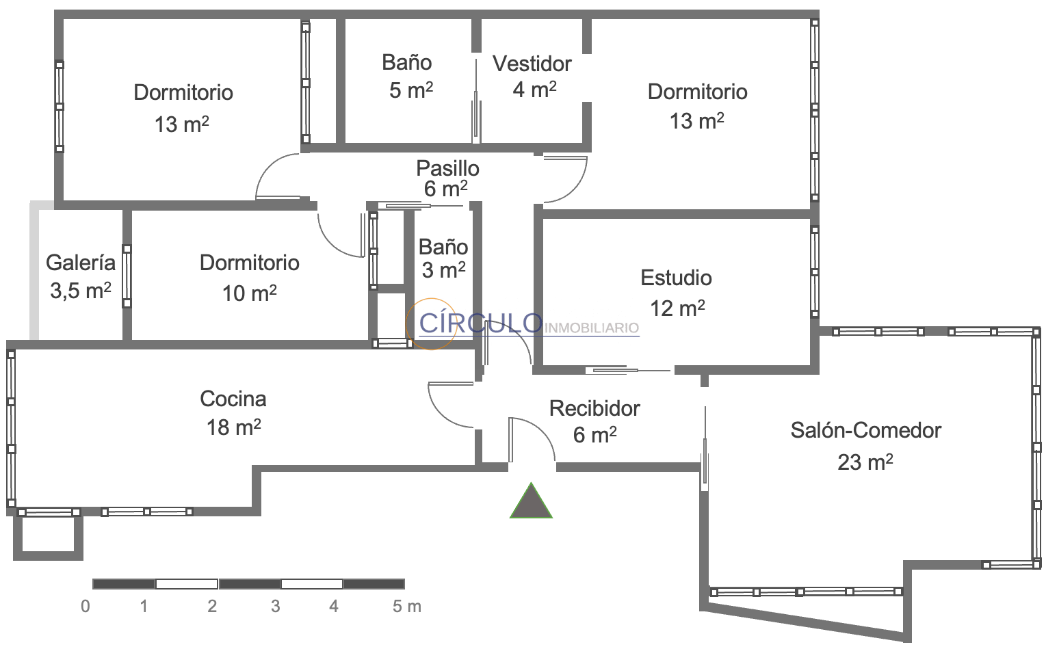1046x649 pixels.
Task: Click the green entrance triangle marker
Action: click(531, 502)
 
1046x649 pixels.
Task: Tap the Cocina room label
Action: click(233, 399)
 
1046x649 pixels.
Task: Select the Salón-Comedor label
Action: click(866, 430)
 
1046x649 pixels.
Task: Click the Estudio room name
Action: click(676, 278)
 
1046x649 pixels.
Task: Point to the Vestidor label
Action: click(532, 64)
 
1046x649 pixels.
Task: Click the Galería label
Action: click(81, 263)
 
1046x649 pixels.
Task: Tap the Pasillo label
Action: click(448, 168)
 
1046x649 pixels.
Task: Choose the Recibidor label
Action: click(594, 408)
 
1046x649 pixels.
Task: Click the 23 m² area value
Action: click(865, 462)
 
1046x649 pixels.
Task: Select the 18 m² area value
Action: click(233, 427)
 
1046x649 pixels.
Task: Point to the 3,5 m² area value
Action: click(81, 291)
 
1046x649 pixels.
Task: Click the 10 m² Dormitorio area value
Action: click(250, 293)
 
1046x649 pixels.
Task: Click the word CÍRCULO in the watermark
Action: click(480, 322)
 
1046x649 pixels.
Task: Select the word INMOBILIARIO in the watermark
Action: click(592, 328)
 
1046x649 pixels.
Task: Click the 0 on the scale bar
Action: click(86, 606)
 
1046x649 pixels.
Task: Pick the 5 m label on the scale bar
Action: click(407, 606)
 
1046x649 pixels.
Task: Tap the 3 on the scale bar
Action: click(276, 606)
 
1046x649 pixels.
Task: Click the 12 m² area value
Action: click(677, 308)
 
